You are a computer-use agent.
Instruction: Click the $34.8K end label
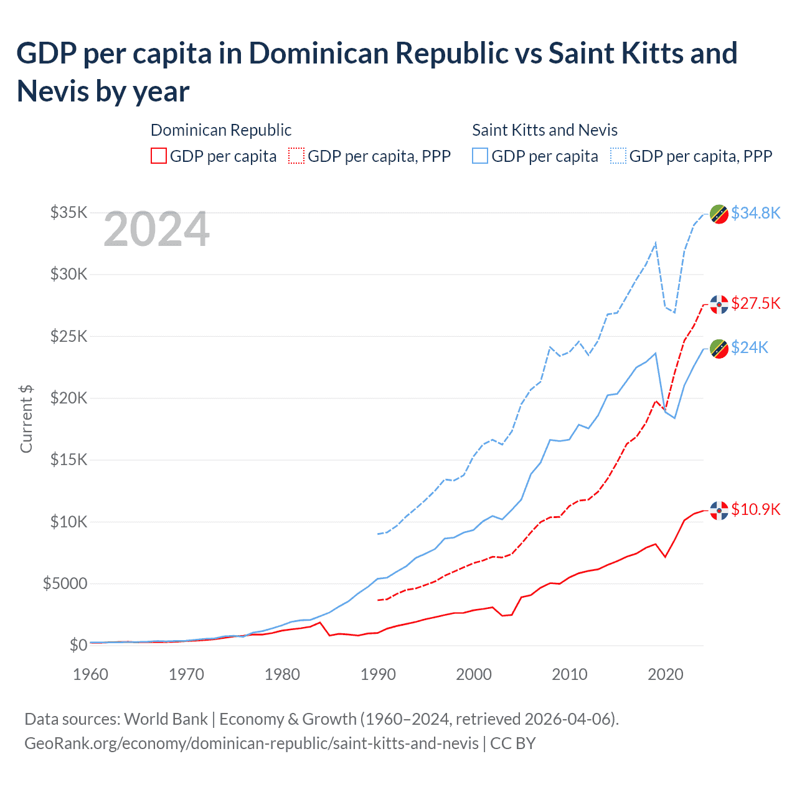pyautogui.click(x=755, y=213)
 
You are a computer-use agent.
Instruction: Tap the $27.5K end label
pyautogui.click(x=755, y=303)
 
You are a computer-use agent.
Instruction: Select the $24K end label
pyautogui.click(x=750, y=347)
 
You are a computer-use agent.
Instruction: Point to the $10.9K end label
pyautogui.click(x=755, y=509)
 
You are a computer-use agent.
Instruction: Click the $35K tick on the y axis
pyautogui.click(x=68, y=213)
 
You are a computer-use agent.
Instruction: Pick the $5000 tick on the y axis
pyautogui.click(x=65, y=583)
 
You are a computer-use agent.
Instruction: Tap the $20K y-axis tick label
pyautogui.click(x=68, y=398)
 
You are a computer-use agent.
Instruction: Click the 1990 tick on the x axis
pyautogui.click(x=378, y=674)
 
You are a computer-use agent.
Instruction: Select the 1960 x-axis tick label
pyautogui.click(x=91, y=674)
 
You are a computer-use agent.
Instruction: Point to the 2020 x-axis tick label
pyautogui.click(x=666, y=674)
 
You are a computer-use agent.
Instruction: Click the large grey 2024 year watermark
pyautogui.click(x=156, y=230)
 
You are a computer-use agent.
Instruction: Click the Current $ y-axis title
pyautogui.click(x=26, y=418)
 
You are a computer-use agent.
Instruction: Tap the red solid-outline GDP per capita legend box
pyautogui.click(x=159, y=156)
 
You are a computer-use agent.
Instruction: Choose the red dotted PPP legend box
pyautogui.click(x=296, y=156)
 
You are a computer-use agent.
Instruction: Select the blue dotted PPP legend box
pyautogui.click(x=618, y=156)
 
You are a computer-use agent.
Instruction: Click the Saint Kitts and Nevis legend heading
pyautogui.click(x=544, y=130)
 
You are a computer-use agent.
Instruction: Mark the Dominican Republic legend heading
pyautogui.click(x=221, y=130)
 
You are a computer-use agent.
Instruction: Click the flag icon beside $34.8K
pyautogui.click(x=719, y=214)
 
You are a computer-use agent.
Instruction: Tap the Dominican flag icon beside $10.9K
pyautogui.click(x=719, y=510)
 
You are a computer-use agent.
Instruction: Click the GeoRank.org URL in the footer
pyautogui.click(x=252, y=743)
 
